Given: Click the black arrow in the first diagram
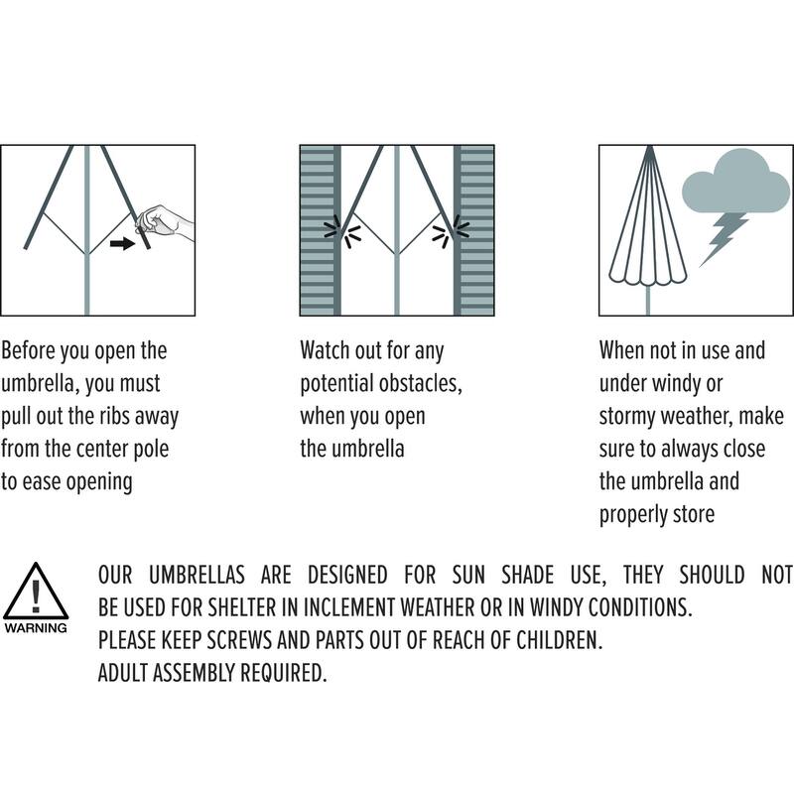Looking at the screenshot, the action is click(x=122, y=243).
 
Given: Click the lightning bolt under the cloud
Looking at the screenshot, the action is click(x=723, y=239).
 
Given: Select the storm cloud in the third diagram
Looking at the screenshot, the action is click(x=735, y=182).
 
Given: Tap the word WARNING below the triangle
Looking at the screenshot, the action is click(x=36, y=628).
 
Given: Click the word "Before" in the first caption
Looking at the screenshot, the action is click(x=28, y=350).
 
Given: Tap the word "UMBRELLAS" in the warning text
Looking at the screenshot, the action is click(x=197, y=576).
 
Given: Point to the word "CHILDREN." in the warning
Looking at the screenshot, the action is click(x=559, y=640).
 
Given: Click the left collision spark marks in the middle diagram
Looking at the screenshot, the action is click(x=342, y=232).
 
